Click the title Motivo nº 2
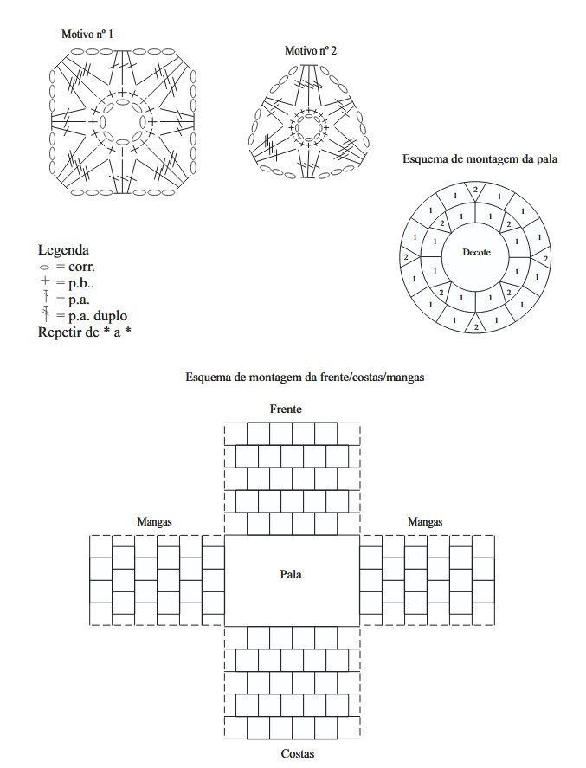311,51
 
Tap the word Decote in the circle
476,253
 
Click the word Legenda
64,250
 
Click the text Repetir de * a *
84,332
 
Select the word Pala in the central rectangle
292,573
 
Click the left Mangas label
154,522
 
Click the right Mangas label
425,522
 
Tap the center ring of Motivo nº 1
122,122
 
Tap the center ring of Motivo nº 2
309,128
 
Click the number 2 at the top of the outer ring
474,189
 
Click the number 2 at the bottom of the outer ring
475,326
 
